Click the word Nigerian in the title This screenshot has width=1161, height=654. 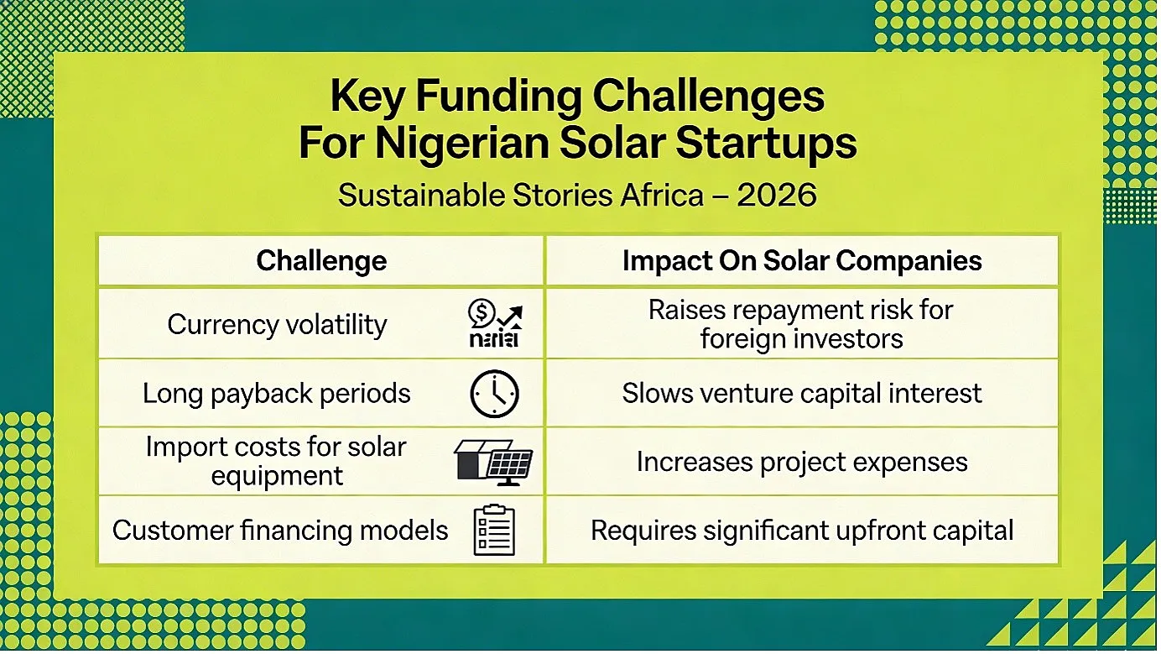(462, 144)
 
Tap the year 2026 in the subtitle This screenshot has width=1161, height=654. (777, 196)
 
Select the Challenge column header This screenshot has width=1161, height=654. (321, 260)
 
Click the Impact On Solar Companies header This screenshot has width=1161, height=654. (802, 260)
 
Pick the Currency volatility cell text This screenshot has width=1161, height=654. (277, 325)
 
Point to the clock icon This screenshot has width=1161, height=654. (494, 394)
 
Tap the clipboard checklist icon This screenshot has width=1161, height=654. (494, 530)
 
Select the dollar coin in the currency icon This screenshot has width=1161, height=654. (482, 313)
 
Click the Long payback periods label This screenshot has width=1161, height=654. (276, 394)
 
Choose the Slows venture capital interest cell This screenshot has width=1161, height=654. (802, 393)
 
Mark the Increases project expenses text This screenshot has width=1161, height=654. (802, 462)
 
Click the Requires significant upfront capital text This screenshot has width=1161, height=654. (802, 531)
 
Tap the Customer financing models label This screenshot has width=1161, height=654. (280, 531)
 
